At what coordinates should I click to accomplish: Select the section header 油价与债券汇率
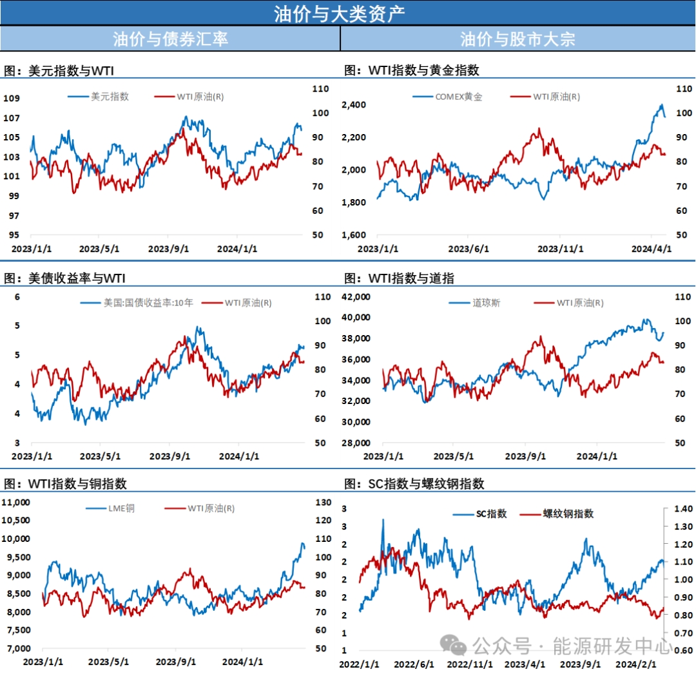(170, 39)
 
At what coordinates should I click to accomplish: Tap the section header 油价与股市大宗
(517, 39)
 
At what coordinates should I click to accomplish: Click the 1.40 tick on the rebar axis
(681, 508)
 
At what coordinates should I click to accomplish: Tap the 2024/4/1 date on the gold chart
(651, 249)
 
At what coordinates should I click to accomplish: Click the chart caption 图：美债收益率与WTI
(64, 278)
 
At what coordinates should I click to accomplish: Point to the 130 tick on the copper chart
(322, 503)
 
